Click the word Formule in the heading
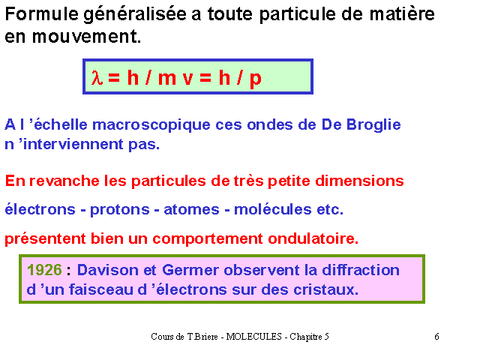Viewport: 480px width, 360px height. point(42,14)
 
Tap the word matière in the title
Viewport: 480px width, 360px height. point(402,14)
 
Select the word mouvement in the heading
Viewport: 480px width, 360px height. point(86,37)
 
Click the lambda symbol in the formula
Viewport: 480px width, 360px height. point(97,77)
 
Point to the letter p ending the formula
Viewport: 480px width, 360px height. point(256,79)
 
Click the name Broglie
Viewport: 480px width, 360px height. point(373,125)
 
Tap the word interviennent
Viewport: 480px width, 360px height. point(73,144)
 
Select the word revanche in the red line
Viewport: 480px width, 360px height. point(64,181)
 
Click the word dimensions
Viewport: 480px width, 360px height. point(359,181)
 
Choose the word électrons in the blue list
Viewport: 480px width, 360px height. point(40,210)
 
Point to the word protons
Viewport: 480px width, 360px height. point(120,210)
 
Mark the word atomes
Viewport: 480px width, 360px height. point(192,210)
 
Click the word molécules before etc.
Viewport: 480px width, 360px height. point(273,210)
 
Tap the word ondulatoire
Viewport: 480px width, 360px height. point(313,238)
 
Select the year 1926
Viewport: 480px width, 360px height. point(44,270)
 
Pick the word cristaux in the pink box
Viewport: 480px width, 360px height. point(325,289)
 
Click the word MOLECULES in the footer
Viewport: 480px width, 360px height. point(253,337)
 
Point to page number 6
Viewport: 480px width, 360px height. point(436,337)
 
